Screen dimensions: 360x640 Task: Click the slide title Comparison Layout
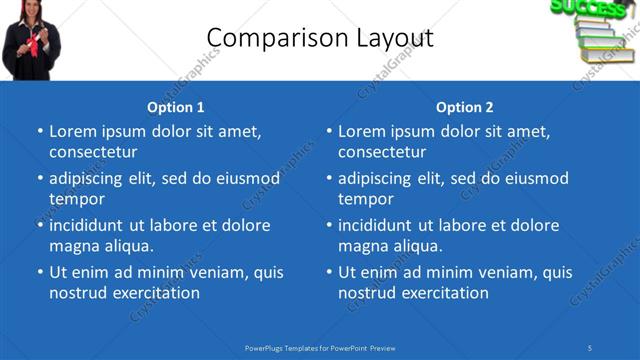320,38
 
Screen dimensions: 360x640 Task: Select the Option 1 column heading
176,107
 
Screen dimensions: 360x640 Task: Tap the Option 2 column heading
465,107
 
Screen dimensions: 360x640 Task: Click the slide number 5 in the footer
590,347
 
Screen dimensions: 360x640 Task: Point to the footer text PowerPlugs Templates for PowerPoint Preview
320,347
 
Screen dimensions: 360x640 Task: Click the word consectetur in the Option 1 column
93,152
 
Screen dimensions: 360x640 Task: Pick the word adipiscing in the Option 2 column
375,178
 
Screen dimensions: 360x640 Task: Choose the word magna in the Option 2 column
360,246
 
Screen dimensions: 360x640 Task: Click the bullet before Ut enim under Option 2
330,272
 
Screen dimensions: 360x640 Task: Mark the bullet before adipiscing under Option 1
41,178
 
